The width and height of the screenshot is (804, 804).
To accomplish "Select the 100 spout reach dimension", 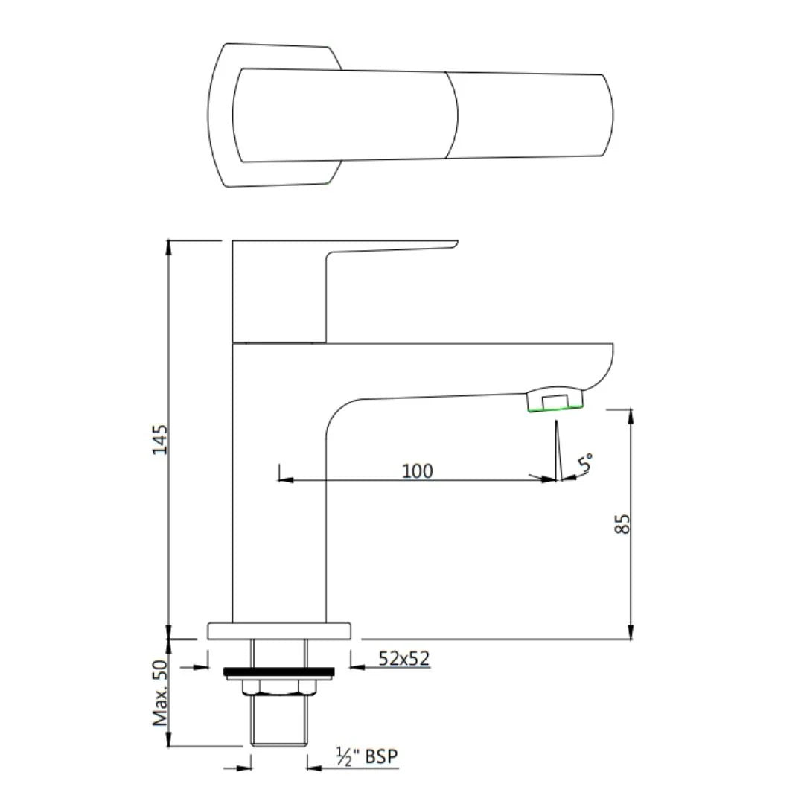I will click(417, 470).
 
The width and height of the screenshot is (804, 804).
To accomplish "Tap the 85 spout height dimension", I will click(624, 523).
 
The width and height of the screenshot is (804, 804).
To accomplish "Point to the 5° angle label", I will click(586, 463).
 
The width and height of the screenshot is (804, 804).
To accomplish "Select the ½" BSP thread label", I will click(367, 757).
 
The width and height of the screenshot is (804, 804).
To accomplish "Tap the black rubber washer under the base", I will click(278, 672).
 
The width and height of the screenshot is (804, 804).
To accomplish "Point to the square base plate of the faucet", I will click(278, 631).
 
